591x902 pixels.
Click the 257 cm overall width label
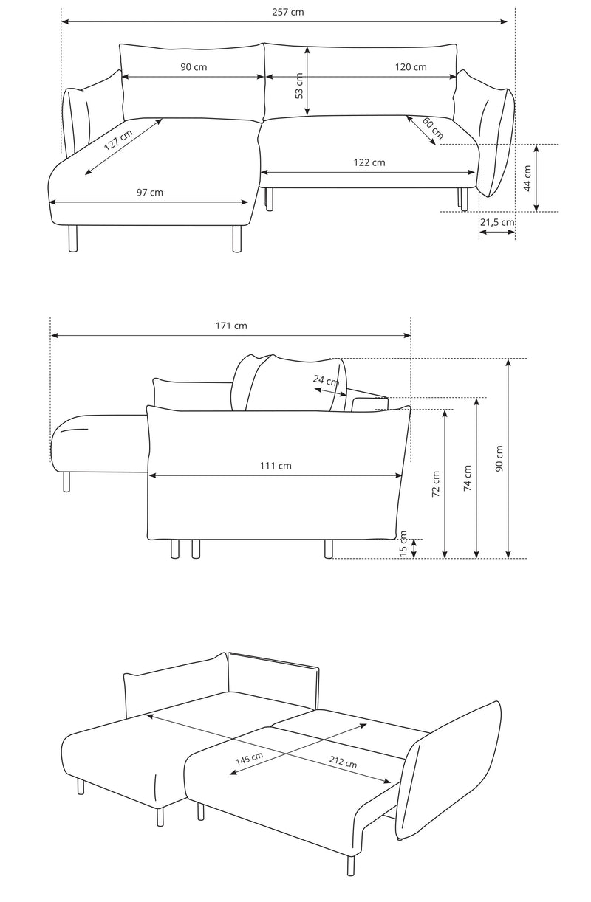[288, 12]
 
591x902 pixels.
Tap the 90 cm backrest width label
[194, 67]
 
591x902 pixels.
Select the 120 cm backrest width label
[411, 67]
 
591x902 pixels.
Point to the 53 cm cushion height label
[298, 86]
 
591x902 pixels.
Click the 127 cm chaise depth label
[118, 140]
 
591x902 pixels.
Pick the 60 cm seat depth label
[433, 128]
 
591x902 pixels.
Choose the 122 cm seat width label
[369, 162]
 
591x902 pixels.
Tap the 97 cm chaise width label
[150, 193]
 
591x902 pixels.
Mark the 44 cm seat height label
[527, 179]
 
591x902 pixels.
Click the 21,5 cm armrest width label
[497, 222]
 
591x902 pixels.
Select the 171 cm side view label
[231, 326]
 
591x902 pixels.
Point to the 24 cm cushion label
[326, 380]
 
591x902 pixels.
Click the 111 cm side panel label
[276, 466]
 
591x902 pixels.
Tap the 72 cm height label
[436, 484]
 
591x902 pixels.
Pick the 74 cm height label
[467, 478]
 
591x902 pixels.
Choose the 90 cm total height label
[499, 458]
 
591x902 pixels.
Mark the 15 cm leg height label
[403, 543]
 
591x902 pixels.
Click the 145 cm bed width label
[249, 758]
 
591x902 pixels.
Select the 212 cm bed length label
[343, 762]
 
